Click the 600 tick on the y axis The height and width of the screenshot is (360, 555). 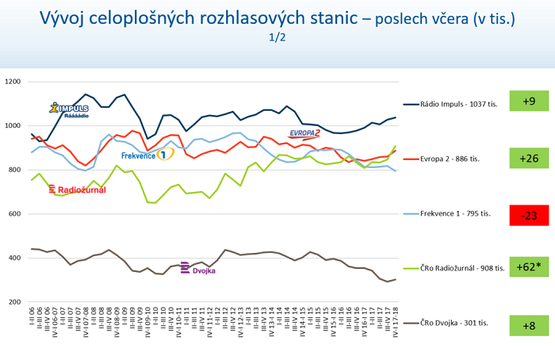tap(17, 214)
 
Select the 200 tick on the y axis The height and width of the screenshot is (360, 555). tap(17, 302)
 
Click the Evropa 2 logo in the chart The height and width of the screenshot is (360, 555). tap(304, 133)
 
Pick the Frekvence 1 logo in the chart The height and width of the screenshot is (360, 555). tap(147, 155)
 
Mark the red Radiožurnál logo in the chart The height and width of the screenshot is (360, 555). tap(77, 190)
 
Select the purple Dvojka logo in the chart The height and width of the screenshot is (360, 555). tap(198, 269)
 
